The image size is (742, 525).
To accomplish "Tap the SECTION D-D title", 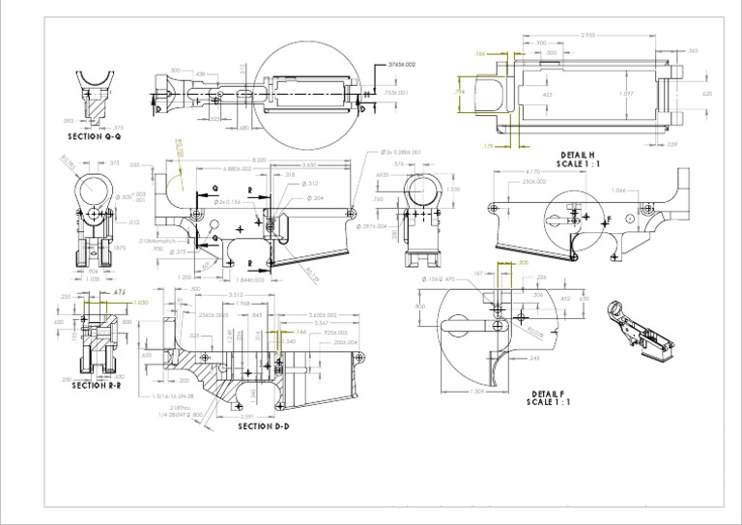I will tap(264, 425).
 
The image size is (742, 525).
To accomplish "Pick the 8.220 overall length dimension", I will tap(259, 160).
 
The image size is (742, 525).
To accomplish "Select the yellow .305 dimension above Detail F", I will tap(523, 263).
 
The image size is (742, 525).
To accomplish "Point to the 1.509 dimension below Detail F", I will tap(476, 391).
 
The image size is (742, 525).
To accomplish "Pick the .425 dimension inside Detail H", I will tap(547, 95).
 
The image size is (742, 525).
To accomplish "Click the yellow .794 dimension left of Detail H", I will tap(460, 90).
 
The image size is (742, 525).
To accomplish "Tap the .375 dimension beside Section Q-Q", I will tap(118, 127).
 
